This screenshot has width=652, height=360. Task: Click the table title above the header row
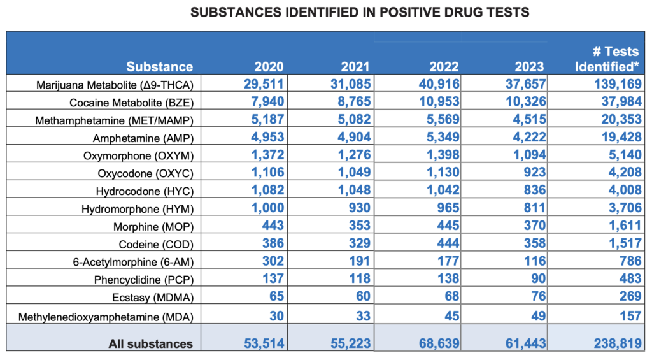pos(326,12)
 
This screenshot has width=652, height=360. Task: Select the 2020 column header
pos(269,67)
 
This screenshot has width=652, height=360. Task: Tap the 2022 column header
pos(443,67)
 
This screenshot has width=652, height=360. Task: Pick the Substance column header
pos(159,67)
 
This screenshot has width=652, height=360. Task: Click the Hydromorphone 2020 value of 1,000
pos(266,208)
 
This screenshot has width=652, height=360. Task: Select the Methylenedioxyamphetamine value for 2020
pos(274,315)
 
